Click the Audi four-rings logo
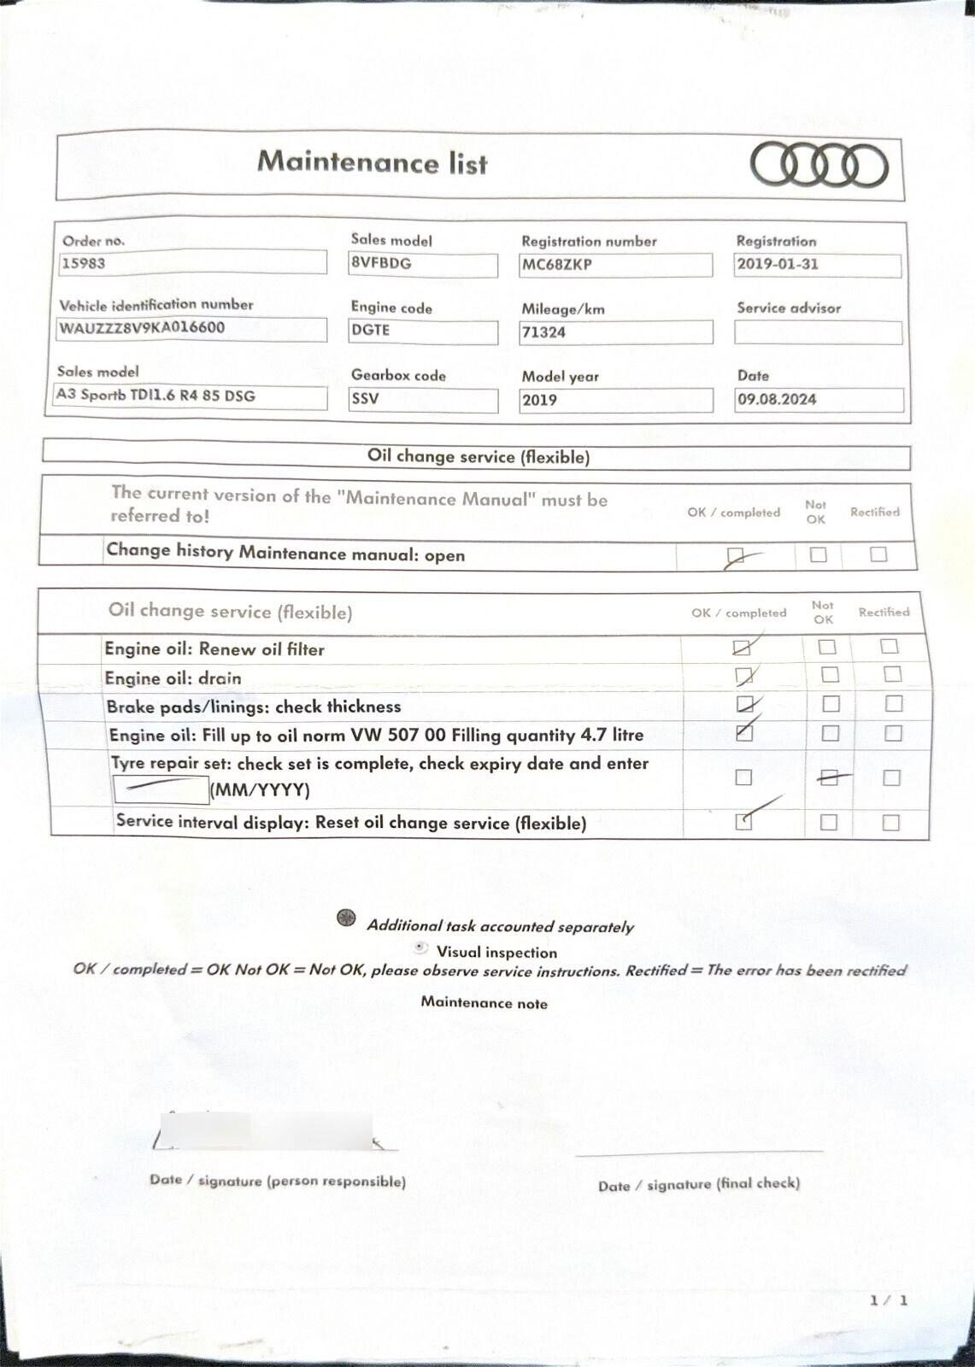coord(819,165)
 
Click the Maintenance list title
coord(372,161)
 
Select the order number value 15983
coord(84,263)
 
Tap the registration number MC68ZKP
coord(556,265)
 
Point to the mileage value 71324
coord(543,332)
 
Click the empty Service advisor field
coord(818,332)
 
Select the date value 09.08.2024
coord(777,399)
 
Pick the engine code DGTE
coord(370,330)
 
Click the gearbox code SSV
coord(365,398)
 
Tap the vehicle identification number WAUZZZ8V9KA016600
coord(142,328)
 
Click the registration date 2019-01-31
coord(777,264)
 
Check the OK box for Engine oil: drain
coord(743,677)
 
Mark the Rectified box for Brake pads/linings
coord(893,704)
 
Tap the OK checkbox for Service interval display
coord(743,822)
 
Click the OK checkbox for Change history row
coord(733,556)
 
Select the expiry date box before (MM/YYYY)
coord(161,789)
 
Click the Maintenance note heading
coord(484,1003)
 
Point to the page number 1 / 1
coord(889,1300)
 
